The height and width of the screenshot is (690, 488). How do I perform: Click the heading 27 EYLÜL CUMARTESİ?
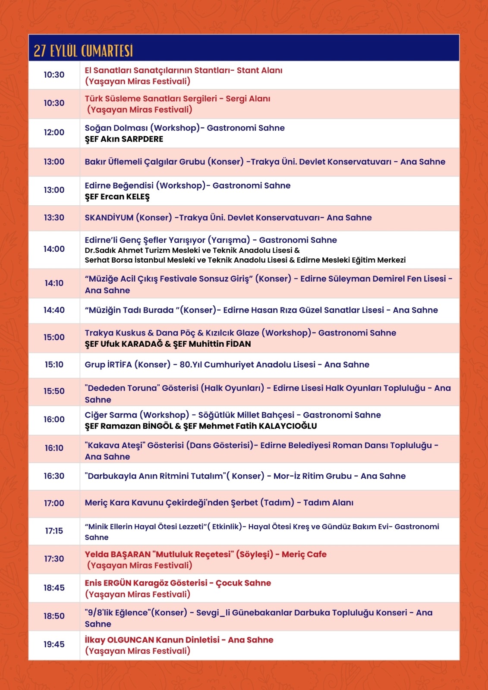pyautogui.click(x=83, y=51)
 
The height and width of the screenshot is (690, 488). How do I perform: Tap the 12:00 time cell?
pyautogui.click(x=54, y=132)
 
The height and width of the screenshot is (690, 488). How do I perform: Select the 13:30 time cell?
pyautogui.click(x=54, y=218)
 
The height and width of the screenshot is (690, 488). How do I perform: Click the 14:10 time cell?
pyautogui.click(x=54, y=283)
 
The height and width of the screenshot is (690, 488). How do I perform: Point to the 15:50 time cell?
pyautogui.click(x=54, y=391)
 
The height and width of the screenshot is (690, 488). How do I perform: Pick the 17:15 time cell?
pyautogui.click(x=54, y=531)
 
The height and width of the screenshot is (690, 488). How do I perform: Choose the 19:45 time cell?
pyautogui.click(x=54, y=644)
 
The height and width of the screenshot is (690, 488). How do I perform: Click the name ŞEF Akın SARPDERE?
pyautogui.click(x=124, y=139)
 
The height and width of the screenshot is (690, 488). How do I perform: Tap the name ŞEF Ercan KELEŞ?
pyautogui.click(x=117, y=197)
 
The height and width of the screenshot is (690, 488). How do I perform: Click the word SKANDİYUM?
pyautogui.click(x=109, y=218)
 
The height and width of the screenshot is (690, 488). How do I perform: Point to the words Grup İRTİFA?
pyautogui.click(x=108, y=365)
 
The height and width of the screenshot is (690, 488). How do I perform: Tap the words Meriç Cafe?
pyautogui.click(x=304, y=555)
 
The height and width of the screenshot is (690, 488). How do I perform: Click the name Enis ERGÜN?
pyautogui.click(x=107, y=583)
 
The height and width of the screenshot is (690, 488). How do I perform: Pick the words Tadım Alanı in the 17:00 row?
pyautogui.click(x=328, y=503)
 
